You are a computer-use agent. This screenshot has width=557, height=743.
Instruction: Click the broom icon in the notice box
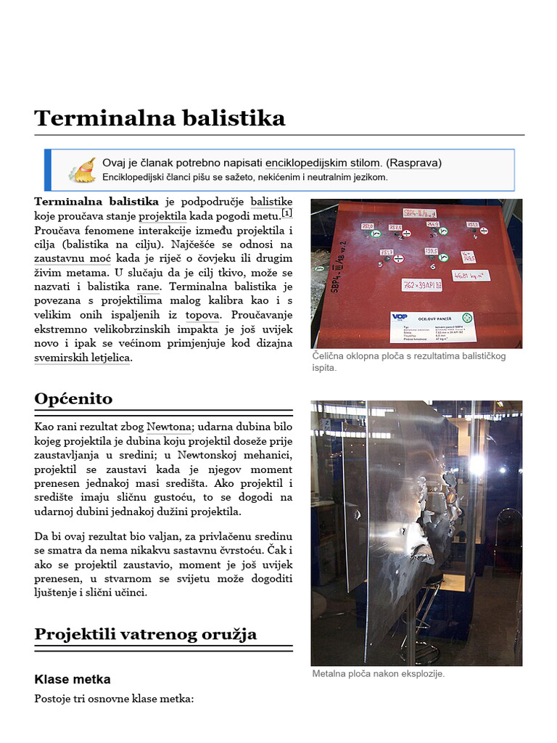pyautogui.click(x=82, y=170)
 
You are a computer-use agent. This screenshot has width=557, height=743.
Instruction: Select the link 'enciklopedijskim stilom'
pyautogui.click(x=323, y=163)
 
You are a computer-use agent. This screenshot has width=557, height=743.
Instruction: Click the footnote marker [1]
pyautogui.click(x=286, y=213)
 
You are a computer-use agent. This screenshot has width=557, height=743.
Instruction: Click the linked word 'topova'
pyautogui.click(x=202, y=315)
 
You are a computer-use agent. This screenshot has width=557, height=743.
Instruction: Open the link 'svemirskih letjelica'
pyautogui.click(x=82, y=358)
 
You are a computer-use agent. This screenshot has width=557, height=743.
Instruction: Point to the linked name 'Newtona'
pyautogui.click(x=169, y=427)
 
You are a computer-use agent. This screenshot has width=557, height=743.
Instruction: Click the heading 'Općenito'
pyautogui.click(x=73, y=398)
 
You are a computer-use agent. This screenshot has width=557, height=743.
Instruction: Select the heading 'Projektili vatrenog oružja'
pyautogui.click(x=145, y=634)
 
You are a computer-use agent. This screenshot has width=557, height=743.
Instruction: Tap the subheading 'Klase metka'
pyautogui.click(x=73, y=679)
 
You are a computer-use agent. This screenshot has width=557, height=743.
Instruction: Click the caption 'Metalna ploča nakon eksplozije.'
pyautogui.click(x=378, y=673)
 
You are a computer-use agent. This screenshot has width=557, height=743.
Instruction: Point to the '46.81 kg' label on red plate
pyautogui.click(x=471, y=276)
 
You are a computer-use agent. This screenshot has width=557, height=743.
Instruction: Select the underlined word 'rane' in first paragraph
pyautogui.click(x=149, y=287)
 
